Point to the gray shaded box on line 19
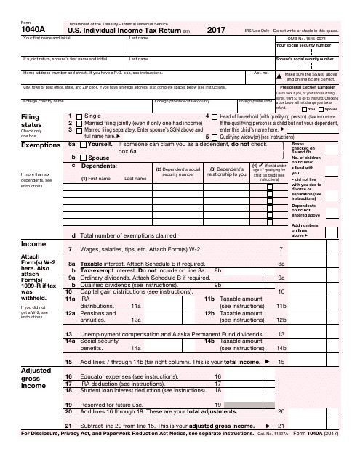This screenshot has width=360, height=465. click(240, 423)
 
